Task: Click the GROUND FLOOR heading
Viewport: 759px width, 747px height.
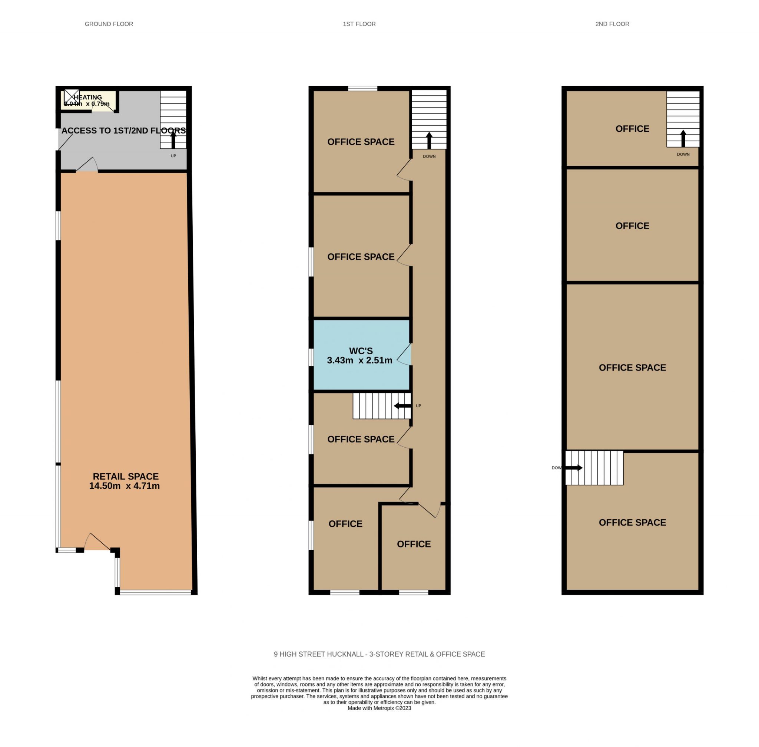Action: [109, 24]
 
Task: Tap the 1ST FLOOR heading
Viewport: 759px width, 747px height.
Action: [359, 24]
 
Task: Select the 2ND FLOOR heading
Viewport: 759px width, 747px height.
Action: [612, 24]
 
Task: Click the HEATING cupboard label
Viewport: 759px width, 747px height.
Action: [87, 97]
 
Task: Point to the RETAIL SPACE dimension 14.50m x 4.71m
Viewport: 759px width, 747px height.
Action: [124, 486]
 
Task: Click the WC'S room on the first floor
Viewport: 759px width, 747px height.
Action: [361, 355]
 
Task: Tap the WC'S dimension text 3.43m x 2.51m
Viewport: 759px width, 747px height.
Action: [359, 361]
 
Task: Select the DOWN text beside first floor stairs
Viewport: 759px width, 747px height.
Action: [429, 157]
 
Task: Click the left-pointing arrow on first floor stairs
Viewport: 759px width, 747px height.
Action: [402, 406]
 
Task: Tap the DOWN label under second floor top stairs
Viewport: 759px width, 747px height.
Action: [683, 154]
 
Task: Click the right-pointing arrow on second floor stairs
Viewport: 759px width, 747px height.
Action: [574, 468]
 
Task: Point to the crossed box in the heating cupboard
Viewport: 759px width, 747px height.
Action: [72, 97]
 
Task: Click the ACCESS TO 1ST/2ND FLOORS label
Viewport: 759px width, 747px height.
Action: [123, 131]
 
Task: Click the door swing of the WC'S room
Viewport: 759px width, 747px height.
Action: [405, 355]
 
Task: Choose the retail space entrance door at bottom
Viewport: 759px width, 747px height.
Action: [97, 542]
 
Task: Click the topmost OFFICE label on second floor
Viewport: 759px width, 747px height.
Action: [632, 129]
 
